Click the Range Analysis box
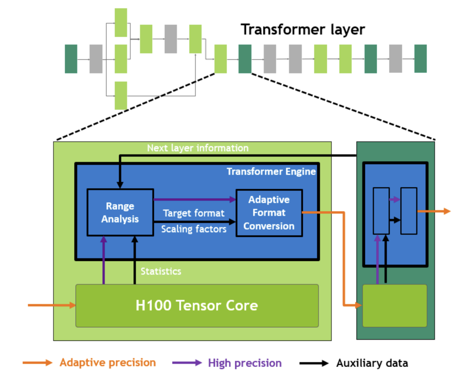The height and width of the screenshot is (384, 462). pyautogui.click(x=120, y=212)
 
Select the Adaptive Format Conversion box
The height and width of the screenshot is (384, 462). pyautogui.click(x=269, y=213)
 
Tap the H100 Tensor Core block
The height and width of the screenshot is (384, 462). pyautogui.click(x=197, y=305)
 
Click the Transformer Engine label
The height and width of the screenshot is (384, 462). pyautogui.click(x=271, y=172)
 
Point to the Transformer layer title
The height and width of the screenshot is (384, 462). pyautogui.click(x=303, y=30)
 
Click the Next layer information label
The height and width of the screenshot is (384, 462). pyautogui.click(x=198, y=148)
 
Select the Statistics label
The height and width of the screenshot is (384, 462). pyautogui.click(x=161, y=271)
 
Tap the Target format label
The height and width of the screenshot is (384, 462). pyautogui.click(x=194, y=213)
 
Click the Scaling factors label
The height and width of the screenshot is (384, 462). pyautogui.click(x=194, y=229)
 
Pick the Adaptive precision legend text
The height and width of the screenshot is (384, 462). pyautogui.click(x=108, y=363)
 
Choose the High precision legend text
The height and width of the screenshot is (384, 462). pyautogui.click(x=245, y=363)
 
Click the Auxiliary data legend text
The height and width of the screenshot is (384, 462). pyautogui.click(x=372, y=363)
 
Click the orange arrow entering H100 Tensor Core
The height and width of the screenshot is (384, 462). pyautogui.click(x=52, y=305)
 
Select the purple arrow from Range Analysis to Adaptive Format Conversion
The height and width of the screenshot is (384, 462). pyautogui.click(x=195, y=199)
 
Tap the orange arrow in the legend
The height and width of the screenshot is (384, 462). pyautogui.click(x=37, y=363)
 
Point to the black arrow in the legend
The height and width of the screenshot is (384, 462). pyautogui.click(x=314, y=363)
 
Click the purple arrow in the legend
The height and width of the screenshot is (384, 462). pyautogui.click(x=187, y=363)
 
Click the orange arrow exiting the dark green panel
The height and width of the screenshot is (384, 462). pyautogui.click(x=434, y=211)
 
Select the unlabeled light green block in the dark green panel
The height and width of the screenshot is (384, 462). pyautogui.click(x=395, y=306)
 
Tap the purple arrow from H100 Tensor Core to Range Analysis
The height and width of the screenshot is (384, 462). pyautogui.click(x=103, y=260)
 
